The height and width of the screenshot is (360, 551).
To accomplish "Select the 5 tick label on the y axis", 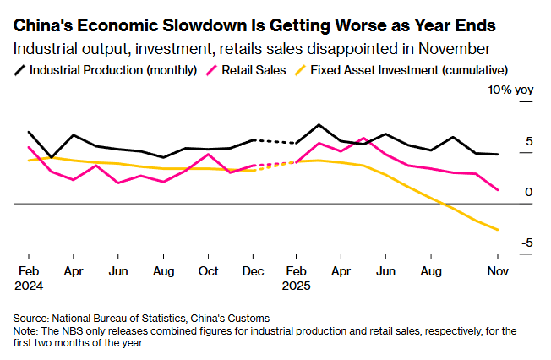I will (529, 141).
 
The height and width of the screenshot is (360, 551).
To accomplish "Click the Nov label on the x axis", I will (498, 271).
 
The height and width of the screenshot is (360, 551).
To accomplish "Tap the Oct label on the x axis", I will (209, 271).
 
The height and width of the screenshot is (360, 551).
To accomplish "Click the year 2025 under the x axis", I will (297, 286).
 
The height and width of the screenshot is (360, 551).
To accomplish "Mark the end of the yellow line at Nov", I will (498, 229).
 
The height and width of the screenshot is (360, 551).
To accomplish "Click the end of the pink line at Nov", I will (498, 190).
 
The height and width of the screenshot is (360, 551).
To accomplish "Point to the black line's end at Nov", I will (498, 155).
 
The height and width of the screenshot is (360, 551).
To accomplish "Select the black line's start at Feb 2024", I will (29, 132).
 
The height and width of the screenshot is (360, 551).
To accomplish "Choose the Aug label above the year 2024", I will (163, 271).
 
